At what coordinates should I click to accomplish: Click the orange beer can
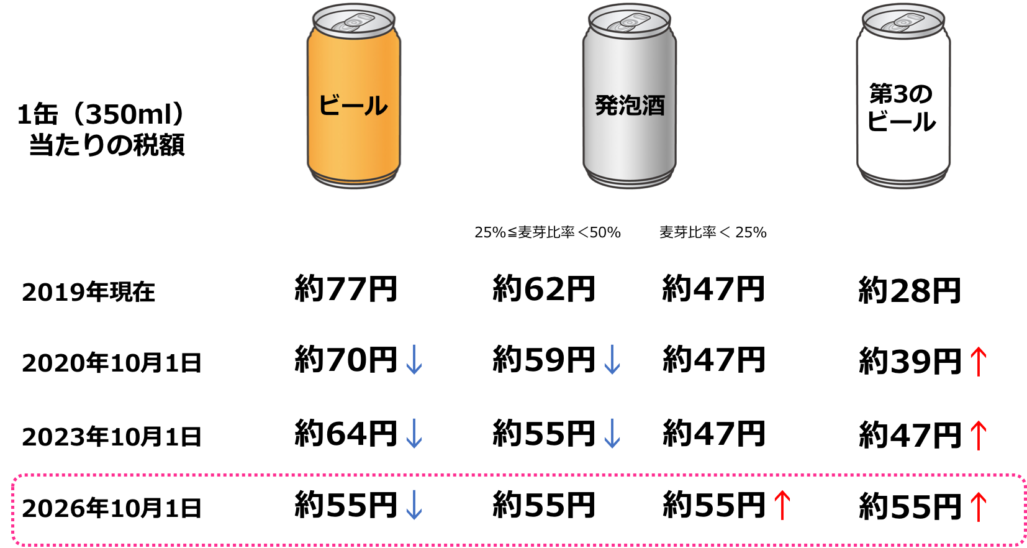[x=353, y=96]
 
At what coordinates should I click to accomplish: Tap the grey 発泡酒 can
[x=630, y=96]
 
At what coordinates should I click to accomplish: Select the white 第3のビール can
[x=903, y=96]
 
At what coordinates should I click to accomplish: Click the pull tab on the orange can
[x=353, y=22]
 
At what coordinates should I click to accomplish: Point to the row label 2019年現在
[x=89, y=293]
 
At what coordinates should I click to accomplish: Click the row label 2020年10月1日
[x=111, y=363]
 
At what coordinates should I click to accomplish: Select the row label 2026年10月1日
[x=111, y=508]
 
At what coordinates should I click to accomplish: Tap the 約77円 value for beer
[x=346, y=289]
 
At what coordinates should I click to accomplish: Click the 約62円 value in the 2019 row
[x=544, y=289]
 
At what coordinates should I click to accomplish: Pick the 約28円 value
[x=910, y=291]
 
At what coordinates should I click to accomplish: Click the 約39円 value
[x=910, y=361]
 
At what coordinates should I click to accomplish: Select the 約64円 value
[x=346, y=433]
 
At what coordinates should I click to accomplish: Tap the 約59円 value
[x=544, y=359]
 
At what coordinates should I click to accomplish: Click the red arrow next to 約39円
[x=979, y=362]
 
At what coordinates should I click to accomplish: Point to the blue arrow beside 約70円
[x=414, y=360]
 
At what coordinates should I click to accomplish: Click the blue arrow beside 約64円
[x=414, y=434]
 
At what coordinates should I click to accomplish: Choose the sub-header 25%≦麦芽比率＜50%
[x=548, y=233]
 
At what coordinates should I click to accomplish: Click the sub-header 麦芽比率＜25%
[x=713, y=233]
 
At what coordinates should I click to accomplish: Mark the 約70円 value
[x=346, y=359]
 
